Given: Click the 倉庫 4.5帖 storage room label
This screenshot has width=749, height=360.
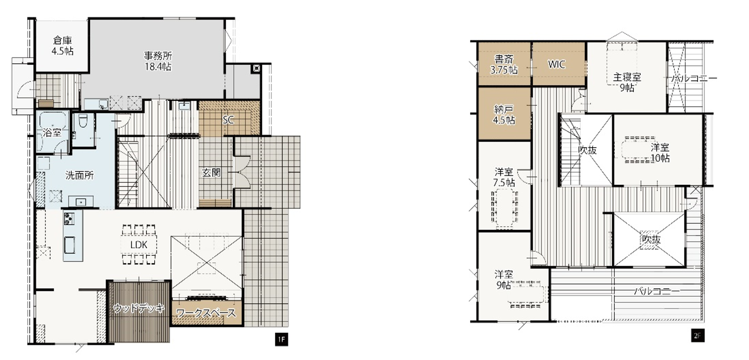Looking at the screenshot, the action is [x=62, y=46].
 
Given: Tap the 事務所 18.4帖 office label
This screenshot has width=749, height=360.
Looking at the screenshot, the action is [x=158, y=61].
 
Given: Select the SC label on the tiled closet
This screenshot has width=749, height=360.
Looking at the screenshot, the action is [x=228, y=120].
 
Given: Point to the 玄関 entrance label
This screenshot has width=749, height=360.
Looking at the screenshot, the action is [x=211, y=172].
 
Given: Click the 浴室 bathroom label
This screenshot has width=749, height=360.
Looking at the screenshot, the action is [x=52, y=132].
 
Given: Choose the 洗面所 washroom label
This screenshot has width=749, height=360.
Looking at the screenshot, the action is [x=79, y=175].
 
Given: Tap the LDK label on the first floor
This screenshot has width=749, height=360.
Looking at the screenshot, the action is [x=139, y=245].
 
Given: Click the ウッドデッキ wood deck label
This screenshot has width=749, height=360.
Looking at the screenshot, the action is [x=139, y=308].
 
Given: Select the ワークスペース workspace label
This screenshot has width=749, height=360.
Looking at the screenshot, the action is [x=206, y=313].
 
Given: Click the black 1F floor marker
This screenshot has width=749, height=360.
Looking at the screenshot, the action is [x=282, y=340].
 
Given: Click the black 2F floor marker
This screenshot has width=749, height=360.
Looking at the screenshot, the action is [x=698, y=335].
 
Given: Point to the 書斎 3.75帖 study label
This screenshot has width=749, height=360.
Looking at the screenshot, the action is [x=504, y=65].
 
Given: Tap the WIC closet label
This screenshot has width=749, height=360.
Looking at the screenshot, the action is [x=557, y=64].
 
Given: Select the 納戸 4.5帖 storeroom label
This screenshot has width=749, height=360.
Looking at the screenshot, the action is [x=504, y=114].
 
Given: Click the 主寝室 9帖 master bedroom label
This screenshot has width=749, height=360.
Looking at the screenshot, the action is [x=627, y=82].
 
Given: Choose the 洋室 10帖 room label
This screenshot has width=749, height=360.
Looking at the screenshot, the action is [x=660, y=152].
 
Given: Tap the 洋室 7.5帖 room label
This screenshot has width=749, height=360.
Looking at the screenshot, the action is [x=504, y=177].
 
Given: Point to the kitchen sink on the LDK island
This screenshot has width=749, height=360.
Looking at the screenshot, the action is [x=70, y=245].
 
